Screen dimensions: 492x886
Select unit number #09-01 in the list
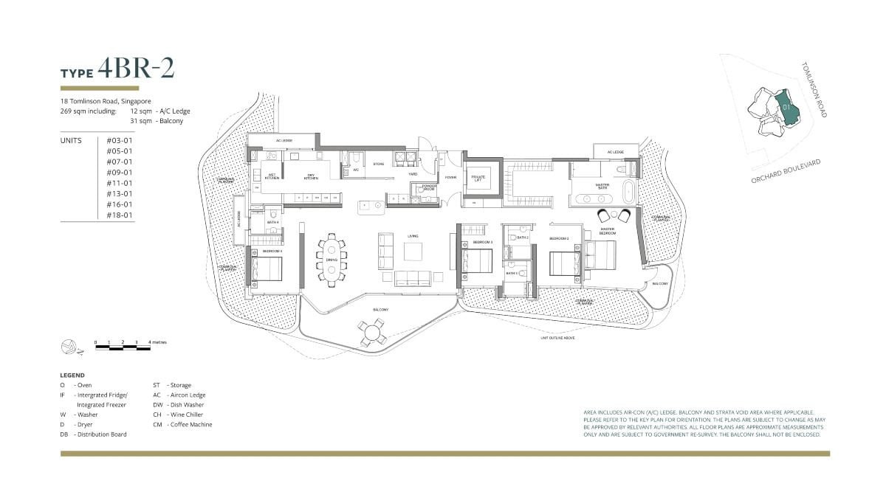point(120,173)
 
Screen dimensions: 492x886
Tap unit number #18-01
point(120,215)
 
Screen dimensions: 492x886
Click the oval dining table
point(332,258)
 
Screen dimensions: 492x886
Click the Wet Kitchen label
point(272,176)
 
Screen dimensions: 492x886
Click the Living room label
point(412,236)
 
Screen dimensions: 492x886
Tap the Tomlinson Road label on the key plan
point(814,89)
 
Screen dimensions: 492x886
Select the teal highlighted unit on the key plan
point(787,107)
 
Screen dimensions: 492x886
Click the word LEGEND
point(72,375)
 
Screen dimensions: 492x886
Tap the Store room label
point(378,164)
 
